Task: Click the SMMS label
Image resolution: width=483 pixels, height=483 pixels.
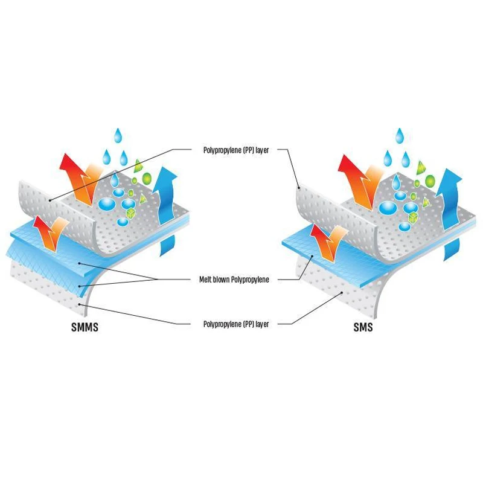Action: tap(85, 327)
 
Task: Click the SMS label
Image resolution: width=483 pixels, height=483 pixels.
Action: tap(363, 327)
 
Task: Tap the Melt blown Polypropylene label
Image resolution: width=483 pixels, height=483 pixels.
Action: tap(234, 280)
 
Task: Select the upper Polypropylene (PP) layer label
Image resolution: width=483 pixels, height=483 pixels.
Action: tap(236, 150)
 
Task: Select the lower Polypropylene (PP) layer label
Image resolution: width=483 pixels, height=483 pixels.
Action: tap(236, 324)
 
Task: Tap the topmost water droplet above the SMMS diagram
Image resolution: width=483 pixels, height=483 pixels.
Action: tap(118, 135)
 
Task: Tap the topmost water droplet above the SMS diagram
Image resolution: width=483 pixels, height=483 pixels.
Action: tap(400, 136)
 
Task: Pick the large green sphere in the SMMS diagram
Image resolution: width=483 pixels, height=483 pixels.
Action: tap(147, 178)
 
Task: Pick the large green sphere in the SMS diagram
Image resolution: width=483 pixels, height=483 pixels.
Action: tap(430, 181)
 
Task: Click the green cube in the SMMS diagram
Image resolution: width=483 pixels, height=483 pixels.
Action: tap(131, 213)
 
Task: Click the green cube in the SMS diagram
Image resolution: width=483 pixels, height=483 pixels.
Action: tap(413, 217)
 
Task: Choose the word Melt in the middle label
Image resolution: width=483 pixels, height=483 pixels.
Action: tap(205, 280)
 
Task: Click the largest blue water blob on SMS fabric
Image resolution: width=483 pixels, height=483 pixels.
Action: tap(388, 208)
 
